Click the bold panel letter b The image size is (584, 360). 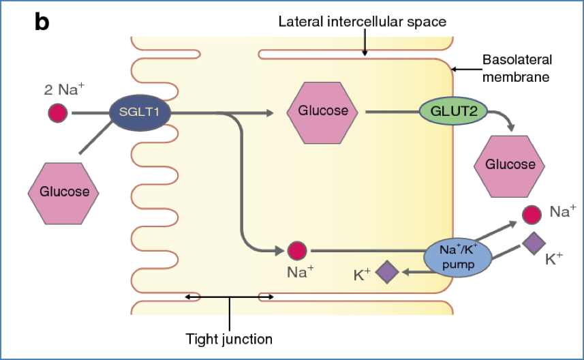click(x=42, y=22)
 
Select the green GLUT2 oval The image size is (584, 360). click(x=448, y=111)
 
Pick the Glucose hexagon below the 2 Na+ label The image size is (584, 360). click(x=64, y=192)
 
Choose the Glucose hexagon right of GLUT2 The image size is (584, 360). click(x=510, y=164)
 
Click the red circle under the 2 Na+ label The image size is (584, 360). click(x=58, y=112)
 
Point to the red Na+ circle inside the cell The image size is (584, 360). click(x=296, y=251)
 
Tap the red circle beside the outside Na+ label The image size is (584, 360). click(x=533, y=214)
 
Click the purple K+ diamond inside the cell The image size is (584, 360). click(x=387, y=272)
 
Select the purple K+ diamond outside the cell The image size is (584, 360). click(x=534, y=243)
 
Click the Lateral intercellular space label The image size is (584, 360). click(x=363, y=22)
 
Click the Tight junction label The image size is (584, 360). click(x=229, y=338)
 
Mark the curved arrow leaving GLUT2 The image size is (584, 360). click(x=503, y=119)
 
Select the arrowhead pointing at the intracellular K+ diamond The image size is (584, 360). click(x=405, y=272)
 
